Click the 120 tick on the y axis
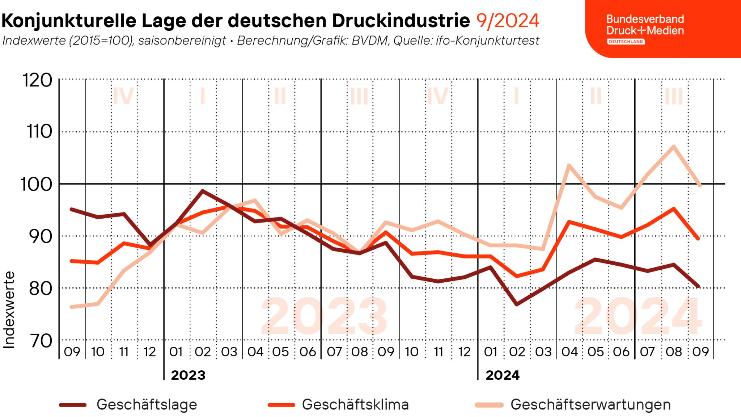click(38, 80)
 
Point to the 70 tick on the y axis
click(41, 341)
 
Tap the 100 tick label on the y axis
click(36, 184)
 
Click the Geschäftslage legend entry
click(128, 404)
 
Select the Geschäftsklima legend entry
click(338, 404)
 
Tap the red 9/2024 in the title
click(507, 20)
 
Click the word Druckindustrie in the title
click(401, 20)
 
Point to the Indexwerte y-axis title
click(9, 310)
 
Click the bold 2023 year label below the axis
click(188, 375)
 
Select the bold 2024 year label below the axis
click(503, 375)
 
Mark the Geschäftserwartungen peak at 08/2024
click(673, 146)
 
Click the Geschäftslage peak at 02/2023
click(203, 191)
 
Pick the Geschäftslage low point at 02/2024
click(517, 304)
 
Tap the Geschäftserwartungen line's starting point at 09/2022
click(72, 307)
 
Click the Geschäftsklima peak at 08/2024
click(673, 208)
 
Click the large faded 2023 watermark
click(324, 316)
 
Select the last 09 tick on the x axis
click(700, 351)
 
